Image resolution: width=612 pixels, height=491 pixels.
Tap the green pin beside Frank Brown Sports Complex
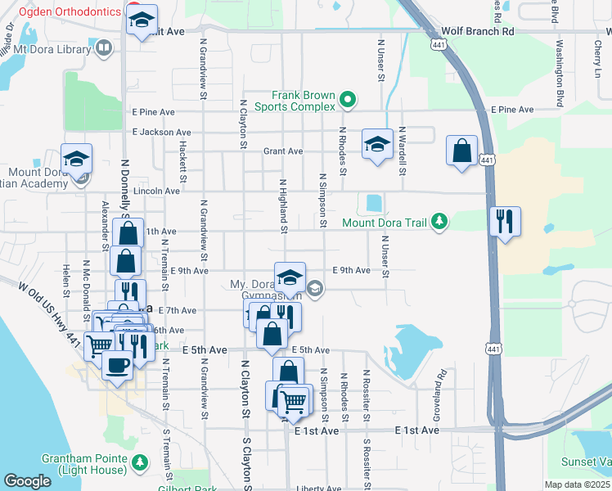tap(348, 101)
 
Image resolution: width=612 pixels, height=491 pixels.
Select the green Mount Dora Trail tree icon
tap(440, 222)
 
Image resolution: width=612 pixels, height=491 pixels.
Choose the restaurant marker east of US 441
tap(505, 221)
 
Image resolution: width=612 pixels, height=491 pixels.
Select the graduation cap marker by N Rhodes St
tap(376, 146)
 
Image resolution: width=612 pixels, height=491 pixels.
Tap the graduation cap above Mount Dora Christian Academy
tap(76, 159)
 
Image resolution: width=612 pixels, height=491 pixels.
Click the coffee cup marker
tap(117, 366)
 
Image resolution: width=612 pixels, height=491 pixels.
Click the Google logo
tap(27, 482)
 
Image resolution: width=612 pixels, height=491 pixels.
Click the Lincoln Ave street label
tap(160, 191)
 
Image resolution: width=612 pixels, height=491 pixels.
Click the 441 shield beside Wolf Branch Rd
tap(440, 46)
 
